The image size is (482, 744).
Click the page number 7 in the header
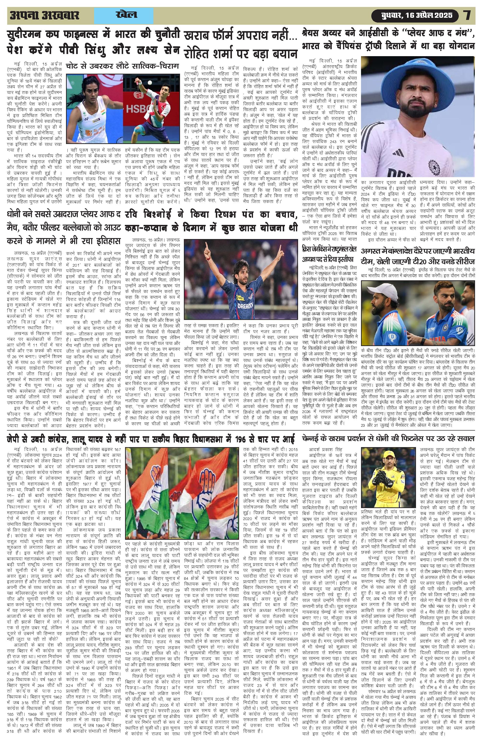[467, 15]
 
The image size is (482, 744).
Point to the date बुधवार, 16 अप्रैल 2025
[417, 15]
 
